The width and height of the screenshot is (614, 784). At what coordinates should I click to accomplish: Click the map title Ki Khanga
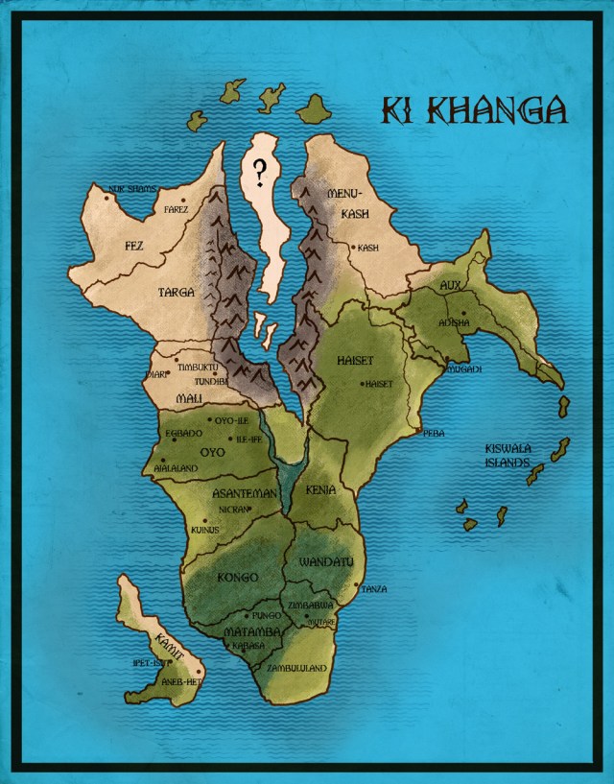click(x=474, y=111)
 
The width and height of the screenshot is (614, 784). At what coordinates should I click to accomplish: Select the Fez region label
click(x=134, y=246)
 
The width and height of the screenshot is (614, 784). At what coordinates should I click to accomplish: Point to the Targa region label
click(x=177, y=292)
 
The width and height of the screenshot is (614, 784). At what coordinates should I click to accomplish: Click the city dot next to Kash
click(x=353, y=248)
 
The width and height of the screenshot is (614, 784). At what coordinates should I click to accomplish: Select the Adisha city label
click(x=454, y=323)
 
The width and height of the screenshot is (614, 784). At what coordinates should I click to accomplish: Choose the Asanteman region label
click(x=245, y=493)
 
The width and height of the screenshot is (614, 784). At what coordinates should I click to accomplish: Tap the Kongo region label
click(x=238, y=577)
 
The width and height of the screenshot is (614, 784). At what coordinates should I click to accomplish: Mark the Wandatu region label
click(x=327, y=560)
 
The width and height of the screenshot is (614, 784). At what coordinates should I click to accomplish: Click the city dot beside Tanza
click(x=357, y=585)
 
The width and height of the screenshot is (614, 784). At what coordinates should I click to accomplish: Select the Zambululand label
click(x=298, y=667)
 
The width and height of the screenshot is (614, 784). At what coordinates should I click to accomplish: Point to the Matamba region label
click(x=251, y=632)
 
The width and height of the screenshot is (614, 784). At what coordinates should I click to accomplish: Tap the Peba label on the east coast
click(x=435, y=434)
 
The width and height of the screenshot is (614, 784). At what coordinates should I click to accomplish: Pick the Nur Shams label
click(x=132, y=189)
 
